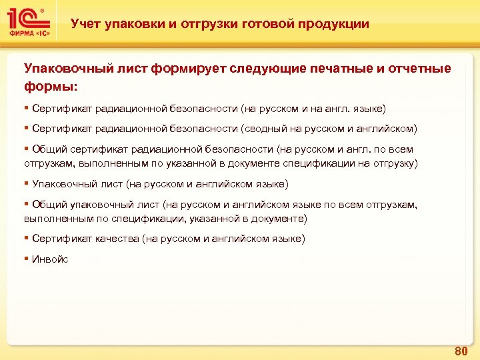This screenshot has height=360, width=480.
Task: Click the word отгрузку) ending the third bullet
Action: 397,163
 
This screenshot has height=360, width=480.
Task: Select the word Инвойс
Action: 49,259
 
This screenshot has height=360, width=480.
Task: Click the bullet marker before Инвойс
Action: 26,259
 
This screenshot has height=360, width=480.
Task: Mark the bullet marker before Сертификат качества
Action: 26,239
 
